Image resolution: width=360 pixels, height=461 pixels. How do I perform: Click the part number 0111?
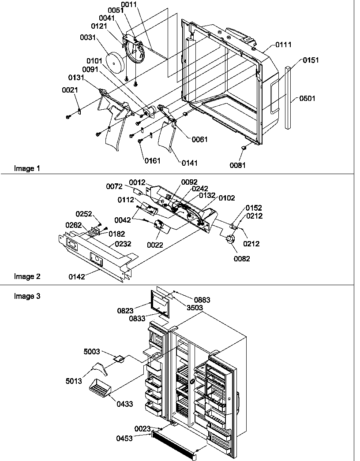pyautogui.click(x=283, y=45)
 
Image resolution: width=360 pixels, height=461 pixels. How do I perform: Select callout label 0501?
pyautogui.click(x=307, y=99)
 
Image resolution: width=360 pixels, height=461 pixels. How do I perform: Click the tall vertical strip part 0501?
pyautogui.click(x=288, y=97)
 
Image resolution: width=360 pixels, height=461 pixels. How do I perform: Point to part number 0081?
pyautogui.click(x=237, y=165)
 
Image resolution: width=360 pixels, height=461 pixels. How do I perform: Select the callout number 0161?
pyautogui.click(x=152, y=160)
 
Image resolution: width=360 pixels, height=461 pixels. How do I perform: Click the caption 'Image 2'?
pyautogui.click(x=27, y=277)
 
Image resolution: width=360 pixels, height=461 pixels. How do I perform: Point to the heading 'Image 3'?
pyautogui.click(x=27, y=296)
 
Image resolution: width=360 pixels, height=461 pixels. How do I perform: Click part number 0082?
pyautogui.click(x=242, y=259)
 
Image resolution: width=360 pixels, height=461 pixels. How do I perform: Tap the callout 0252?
pyautogui.click(x=84, y=214)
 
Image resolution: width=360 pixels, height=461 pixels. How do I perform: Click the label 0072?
pyautogui.click(x=114, y=186)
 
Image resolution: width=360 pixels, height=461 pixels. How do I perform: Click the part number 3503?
pyautogui.click(x=194, y=307)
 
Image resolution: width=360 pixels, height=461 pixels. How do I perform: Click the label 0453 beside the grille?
pyautogui.click(x=124, y=439)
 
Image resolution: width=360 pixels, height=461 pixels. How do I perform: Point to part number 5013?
pyautogui.click(x=74, y=381)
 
